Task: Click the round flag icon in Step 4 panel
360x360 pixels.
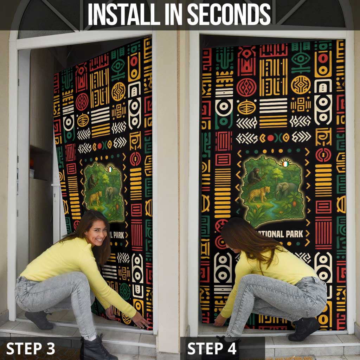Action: pos(286,163)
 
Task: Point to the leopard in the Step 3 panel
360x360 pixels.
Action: pos(95,198)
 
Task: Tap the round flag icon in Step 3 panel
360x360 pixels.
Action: pos(110,170)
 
